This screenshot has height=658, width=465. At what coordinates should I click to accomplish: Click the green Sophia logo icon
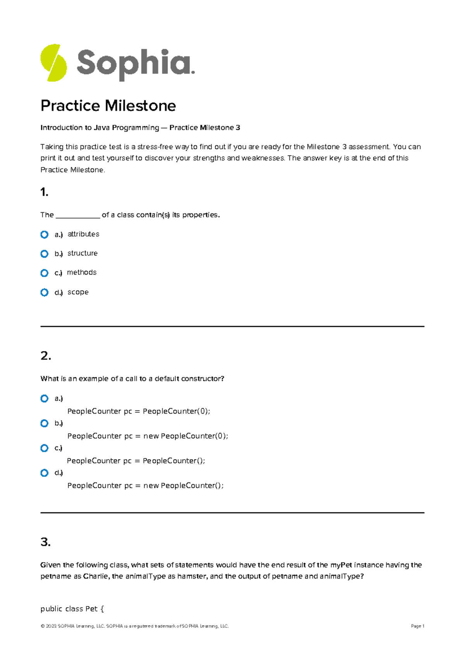click(53, 63)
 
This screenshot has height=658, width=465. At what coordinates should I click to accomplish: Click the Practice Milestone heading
click(108, 105)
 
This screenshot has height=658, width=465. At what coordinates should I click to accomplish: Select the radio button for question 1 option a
click(45, 234)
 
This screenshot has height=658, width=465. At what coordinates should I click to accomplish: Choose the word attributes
click(83, 234)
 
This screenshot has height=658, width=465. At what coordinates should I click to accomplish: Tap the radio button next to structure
click(45, 254)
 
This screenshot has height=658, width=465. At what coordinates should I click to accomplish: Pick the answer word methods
click(82, 272)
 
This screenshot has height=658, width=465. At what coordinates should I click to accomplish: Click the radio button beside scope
click(45, 292)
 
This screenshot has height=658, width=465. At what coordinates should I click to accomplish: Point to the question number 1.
click(44, 192)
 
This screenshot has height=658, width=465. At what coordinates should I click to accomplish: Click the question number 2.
click(45, 356)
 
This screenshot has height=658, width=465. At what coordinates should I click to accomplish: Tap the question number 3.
click(45, 542)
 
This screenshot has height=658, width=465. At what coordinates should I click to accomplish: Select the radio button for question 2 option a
click(45, 398)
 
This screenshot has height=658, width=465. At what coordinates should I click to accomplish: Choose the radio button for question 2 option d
click(45, 473)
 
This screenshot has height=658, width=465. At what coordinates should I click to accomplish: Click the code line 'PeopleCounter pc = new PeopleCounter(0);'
click(148, 436)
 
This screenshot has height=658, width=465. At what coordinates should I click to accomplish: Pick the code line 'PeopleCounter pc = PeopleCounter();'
click(136, 461)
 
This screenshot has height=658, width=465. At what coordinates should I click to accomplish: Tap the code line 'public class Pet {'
click(72, 609)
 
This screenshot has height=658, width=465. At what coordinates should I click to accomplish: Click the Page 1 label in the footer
click(417, 626)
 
